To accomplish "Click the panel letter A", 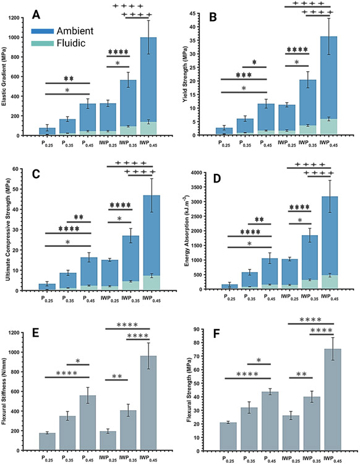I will point(38,14).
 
